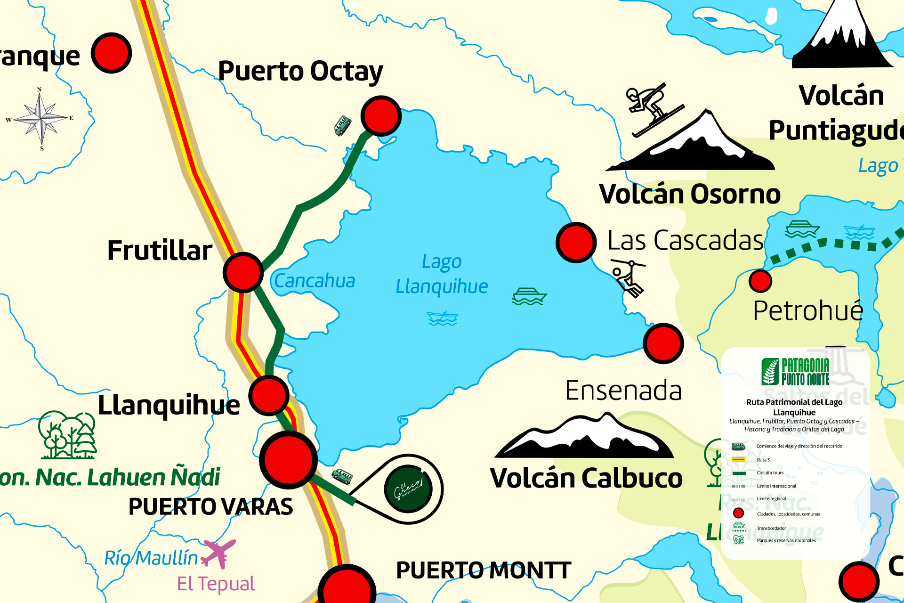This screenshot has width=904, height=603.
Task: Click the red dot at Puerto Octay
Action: point(381,116)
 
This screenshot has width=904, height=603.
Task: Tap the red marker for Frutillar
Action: point(243,272)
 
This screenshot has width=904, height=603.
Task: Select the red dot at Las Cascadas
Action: point(576,242)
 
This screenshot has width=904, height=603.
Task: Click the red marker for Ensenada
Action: point(663,343)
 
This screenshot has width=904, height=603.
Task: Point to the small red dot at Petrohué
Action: point(760,281)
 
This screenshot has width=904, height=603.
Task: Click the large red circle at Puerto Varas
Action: point(288,460)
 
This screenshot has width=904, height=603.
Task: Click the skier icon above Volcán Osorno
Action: point(652,108)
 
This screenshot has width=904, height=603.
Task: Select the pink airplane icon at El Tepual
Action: point(218,553)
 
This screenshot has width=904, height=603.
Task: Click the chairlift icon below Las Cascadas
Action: point(628,278)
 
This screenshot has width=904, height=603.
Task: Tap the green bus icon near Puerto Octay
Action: point(342,126)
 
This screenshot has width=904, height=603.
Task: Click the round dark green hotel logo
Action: point(408,489)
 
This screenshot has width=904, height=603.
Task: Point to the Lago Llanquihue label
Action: point(441,274)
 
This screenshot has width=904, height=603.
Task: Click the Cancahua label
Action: point(315,281)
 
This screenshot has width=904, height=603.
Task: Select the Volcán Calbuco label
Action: point(586,478)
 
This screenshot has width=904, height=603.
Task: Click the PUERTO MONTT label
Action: point(484,570)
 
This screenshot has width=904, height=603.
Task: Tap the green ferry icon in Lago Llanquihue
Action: point(529,297)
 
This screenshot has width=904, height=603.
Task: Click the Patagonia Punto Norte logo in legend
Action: point(795,371)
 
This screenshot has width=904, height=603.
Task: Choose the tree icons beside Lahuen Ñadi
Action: point(67,435)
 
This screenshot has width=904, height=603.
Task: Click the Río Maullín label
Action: point(151,558)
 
